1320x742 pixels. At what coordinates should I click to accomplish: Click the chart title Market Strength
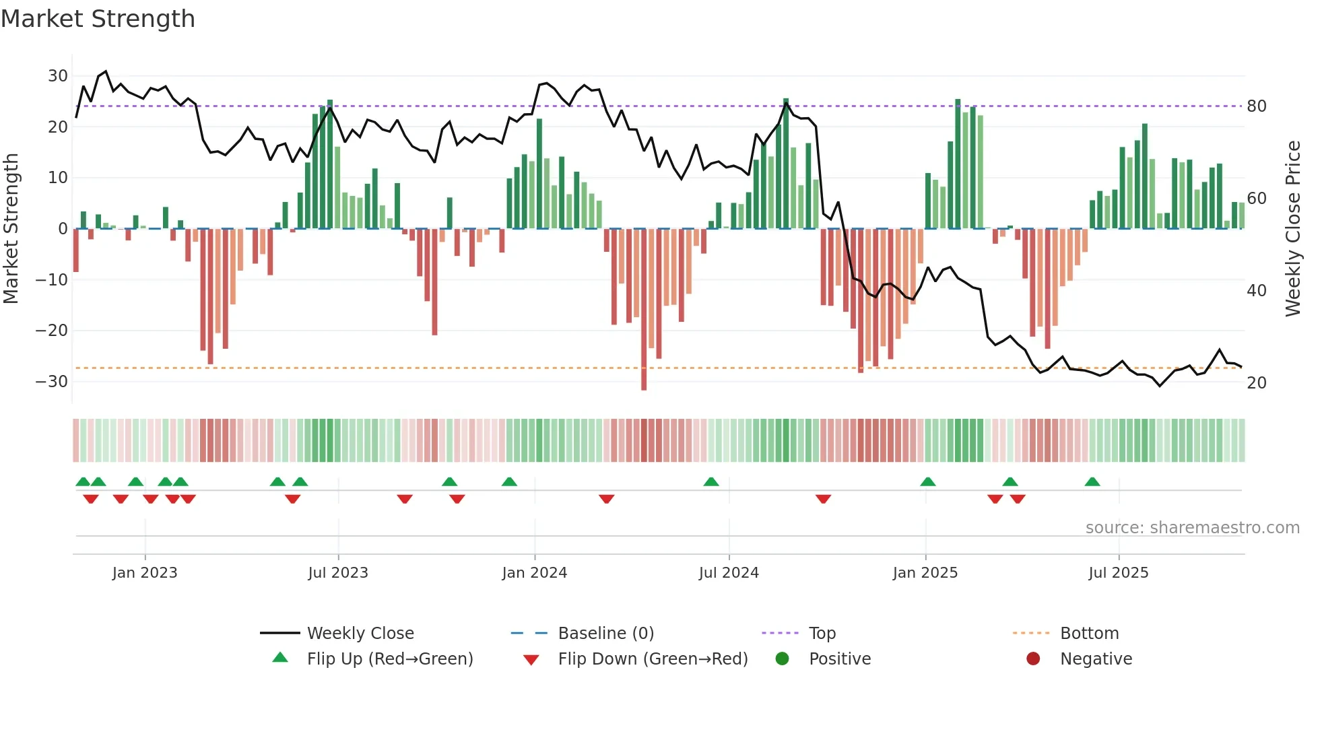point(98,19)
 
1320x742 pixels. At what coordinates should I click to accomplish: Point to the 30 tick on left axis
point(58,76)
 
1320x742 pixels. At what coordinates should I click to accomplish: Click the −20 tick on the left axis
point(52,331)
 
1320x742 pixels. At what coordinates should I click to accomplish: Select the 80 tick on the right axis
point(1257,106)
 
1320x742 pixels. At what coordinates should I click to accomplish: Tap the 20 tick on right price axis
point(1257,383)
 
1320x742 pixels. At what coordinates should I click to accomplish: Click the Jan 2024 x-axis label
point(535,573)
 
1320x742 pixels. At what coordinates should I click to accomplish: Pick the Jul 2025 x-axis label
point(1119,573)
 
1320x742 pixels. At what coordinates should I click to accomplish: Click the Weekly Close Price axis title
point(1293,229)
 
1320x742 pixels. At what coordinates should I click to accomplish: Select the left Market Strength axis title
point(11,229)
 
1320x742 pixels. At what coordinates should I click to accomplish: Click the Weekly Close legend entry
point(360,634)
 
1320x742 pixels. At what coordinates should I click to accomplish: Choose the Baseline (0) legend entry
point(606,634)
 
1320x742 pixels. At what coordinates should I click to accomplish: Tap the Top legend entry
point(822,634)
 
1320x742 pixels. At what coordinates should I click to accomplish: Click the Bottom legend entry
point(1090,634)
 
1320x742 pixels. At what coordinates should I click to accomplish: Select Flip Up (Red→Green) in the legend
point(390,659)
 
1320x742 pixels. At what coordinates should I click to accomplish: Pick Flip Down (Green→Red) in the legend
point(653,659)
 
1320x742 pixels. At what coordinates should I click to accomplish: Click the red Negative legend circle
point(1033,659)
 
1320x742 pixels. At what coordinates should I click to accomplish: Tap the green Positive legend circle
point(782,659)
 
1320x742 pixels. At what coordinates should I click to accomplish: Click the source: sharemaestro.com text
point(1193,528)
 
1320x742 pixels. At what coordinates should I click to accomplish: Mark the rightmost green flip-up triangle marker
point(1092,482)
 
